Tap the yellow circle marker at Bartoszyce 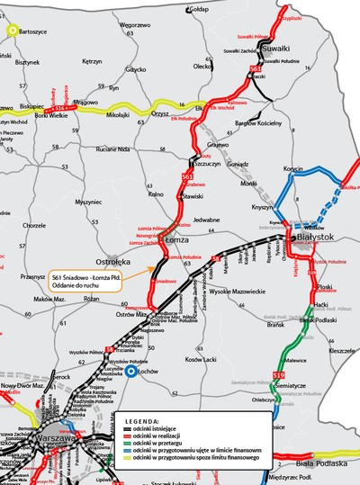click(x=13, y=30)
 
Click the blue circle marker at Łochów click(x=131, y=371)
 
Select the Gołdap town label click(x=199, y=9)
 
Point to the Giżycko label click(x=136, y=68)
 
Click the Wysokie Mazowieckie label click(x=237, y=291)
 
